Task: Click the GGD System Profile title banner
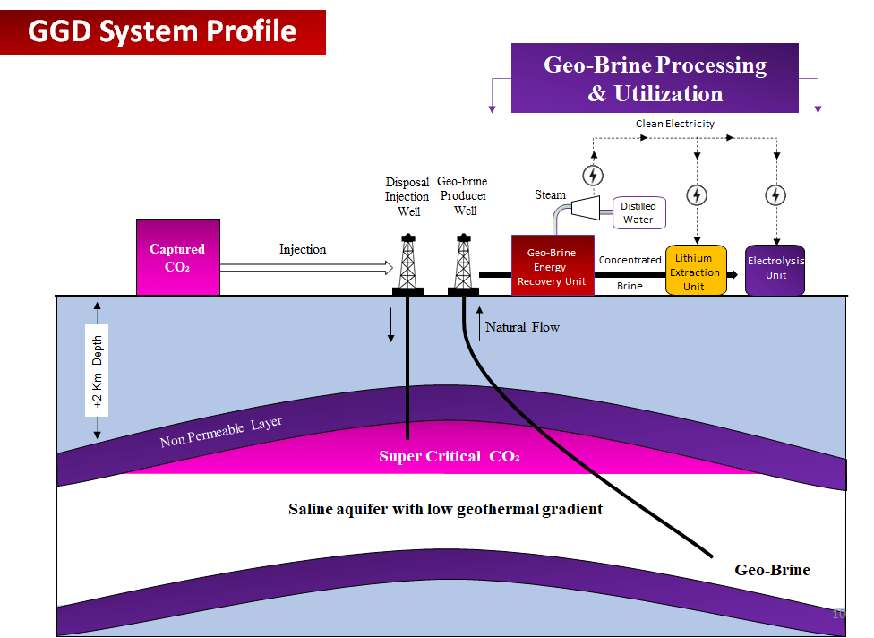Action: [x=162, y=32]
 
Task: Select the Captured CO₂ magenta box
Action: [x=177, y=257]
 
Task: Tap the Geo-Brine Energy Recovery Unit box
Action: [x=552, y=265]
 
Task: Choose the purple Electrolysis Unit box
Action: [x=775, y=270]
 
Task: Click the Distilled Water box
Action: [x=638, y=212]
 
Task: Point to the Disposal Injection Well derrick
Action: [x=407, y=262]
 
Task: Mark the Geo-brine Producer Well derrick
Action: [x=463, y=262]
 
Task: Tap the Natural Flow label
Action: [x=522, y=327]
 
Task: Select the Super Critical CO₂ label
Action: [x=449, y=456]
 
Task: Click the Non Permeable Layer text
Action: [x=220, y=432]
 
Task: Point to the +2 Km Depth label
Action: [x=97, y=370]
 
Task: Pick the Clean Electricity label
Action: [x=675, y=124]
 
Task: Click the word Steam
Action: [x=551, y=194]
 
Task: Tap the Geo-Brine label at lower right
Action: [x=772, y=570]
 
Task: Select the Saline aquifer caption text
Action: [x=445, y=509]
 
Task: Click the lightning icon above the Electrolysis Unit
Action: [x=776, y=194]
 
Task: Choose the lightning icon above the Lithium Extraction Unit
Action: [x=697, y=194]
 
